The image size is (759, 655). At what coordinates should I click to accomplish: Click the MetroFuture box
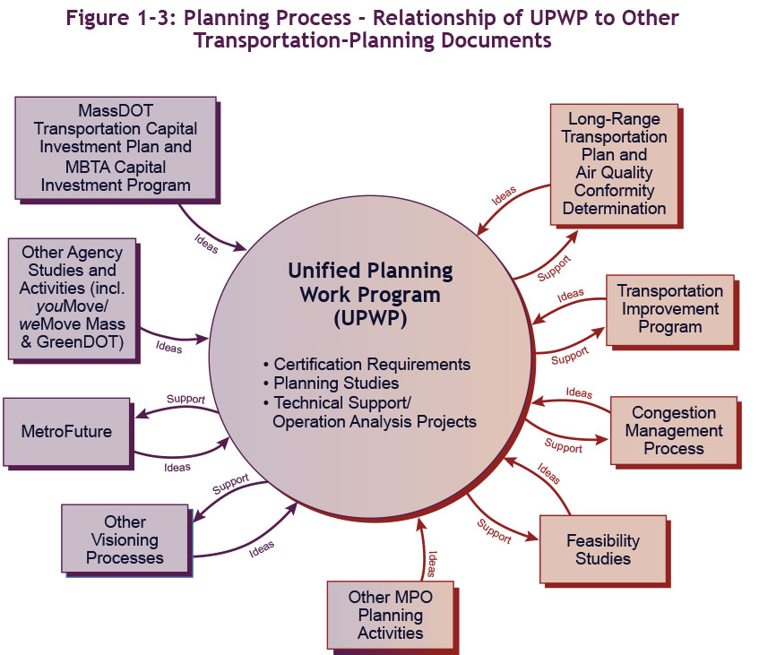pos(66,432)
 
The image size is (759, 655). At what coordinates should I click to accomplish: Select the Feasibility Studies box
pos(602,549)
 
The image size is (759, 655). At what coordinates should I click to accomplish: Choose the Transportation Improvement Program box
pos(669,308)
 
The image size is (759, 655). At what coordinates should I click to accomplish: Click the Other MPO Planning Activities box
pos(390,616)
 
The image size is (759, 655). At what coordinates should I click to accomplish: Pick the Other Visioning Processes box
pos(125,539)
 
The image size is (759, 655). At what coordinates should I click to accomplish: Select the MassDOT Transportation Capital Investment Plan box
pos(116,147)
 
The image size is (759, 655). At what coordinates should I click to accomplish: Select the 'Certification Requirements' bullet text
pos(372,365)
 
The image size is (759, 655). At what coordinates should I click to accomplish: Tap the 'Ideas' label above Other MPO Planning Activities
pos(432,563)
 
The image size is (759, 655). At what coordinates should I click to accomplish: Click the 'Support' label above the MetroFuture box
pos(185,399)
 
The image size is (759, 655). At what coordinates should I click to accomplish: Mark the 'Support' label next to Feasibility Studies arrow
pos(494,531)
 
